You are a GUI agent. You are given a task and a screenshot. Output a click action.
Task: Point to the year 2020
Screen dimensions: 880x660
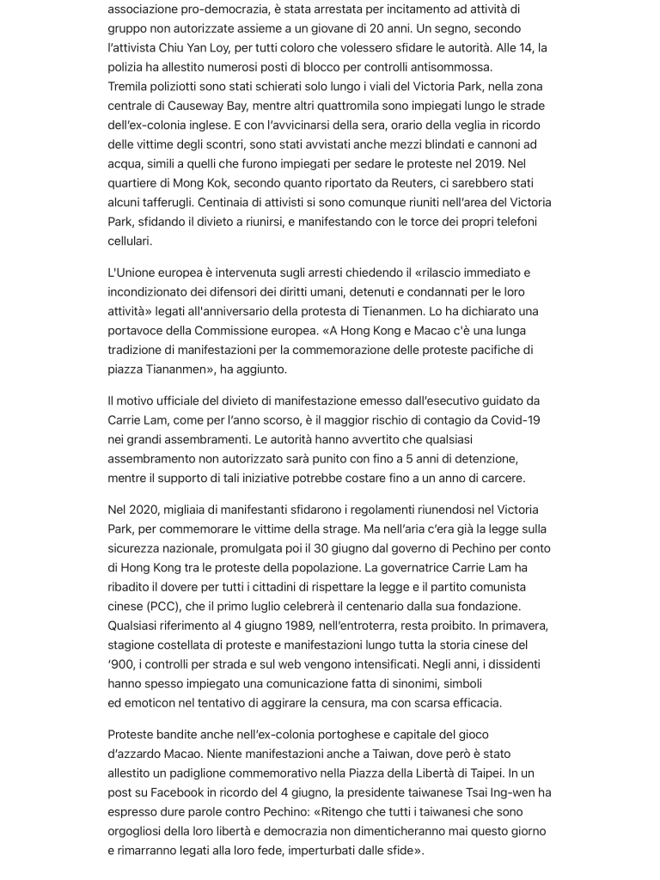pyautogui.click(x=143, y=510)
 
